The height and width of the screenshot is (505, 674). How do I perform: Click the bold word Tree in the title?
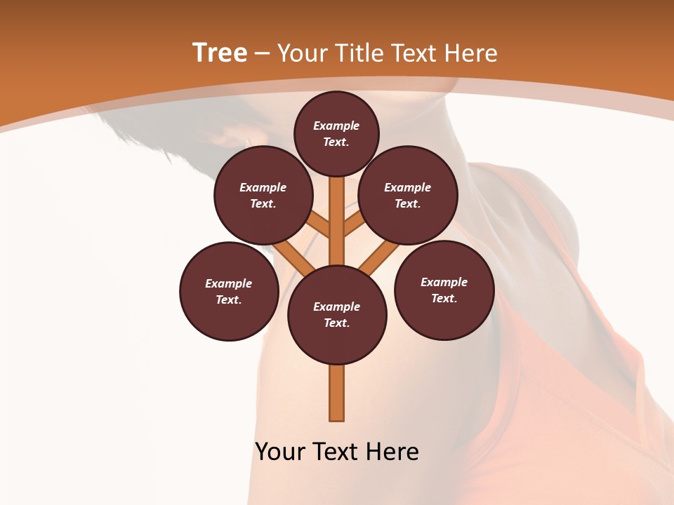220,53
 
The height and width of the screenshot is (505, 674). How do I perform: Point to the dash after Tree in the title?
262,54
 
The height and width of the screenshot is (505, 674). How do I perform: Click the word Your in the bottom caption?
281,451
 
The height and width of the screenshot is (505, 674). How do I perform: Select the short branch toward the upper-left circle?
320,224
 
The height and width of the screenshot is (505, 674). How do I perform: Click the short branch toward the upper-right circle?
353,224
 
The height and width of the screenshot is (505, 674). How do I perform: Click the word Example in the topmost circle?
336,126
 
